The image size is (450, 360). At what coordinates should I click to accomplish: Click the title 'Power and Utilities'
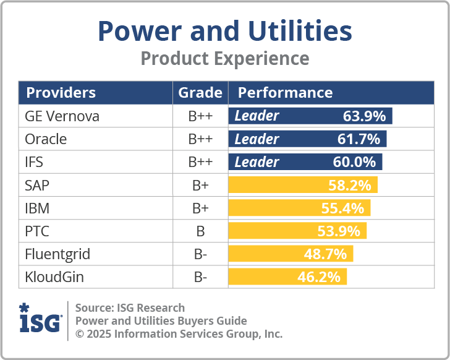tap(225, 31)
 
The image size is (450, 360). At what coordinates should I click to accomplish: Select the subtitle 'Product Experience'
tap(225, 58)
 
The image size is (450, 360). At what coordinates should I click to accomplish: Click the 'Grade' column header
tap(200, 93)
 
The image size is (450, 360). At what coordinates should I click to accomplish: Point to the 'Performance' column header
tap(285, 93)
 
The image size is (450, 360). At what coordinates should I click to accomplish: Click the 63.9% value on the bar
tap(364, 116)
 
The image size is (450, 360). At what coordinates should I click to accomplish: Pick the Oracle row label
tap(46, 139)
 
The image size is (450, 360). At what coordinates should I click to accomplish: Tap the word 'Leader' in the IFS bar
tap(257, 162)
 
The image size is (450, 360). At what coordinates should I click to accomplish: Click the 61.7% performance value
tap(359, 139)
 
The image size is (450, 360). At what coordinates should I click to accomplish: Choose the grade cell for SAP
tap(200, 185)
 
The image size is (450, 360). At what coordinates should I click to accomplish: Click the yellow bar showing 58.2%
tap(303, 185)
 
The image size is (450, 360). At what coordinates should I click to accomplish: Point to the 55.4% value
tap(342, 208)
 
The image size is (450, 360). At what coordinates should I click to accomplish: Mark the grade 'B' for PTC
tap(200, 231)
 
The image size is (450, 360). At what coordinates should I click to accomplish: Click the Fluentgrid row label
tap(57, 254)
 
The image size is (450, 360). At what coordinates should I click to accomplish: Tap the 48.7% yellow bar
tap(291, 254)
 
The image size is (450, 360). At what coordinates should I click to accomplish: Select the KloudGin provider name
tap(54, 277)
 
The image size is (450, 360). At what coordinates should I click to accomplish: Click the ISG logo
tap(40, 320)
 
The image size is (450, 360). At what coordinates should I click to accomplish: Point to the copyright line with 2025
tap(179, 334)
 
